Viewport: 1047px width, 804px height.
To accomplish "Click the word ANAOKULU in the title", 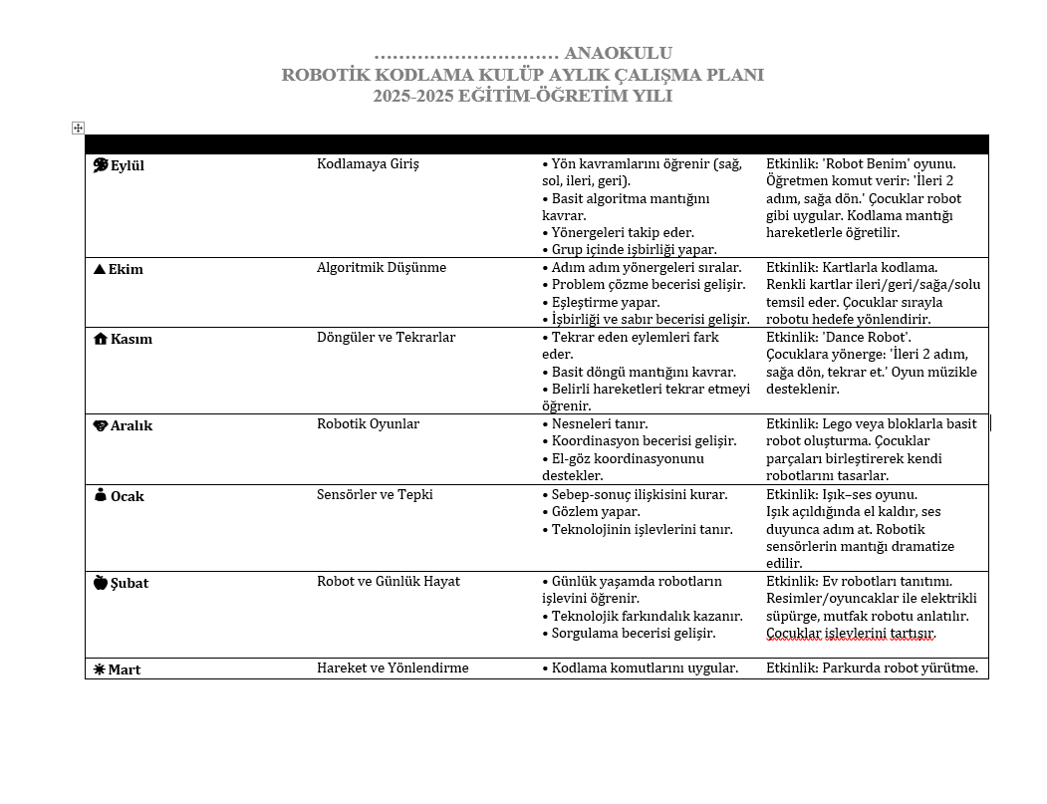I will pyautogui.click(x=618, y=53).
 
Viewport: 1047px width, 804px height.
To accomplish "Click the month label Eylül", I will pyautogui.click(x=127, y=166).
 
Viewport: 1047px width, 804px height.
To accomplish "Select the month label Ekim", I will pyautogui.click(x=126, y=270).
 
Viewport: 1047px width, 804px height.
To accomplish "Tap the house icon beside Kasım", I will pyautogui.click(x=100, y=339).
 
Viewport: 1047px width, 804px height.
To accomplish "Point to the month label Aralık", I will pyautogui.click(x=131, y=426).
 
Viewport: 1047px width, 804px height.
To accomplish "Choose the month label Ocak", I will pyautogui.click(x=127, y=496).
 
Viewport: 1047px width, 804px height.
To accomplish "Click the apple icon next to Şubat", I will pyautogui.click(x=100, y=583).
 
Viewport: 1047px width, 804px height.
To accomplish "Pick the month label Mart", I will pyautogui.click(x=124, y=670).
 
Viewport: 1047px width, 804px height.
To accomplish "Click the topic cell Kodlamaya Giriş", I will pyautogui.click(x=368, y=163).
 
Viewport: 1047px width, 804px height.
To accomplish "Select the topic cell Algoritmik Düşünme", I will pyautogui.click(x=382, y=267).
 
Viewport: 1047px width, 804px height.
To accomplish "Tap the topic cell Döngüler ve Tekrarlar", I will pyautogui.click(x=386, y=337).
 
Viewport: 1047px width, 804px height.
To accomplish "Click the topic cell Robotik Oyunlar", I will pyautogui.click(x=368, y=423).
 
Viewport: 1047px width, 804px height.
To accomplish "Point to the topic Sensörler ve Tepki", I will pyautogui.click(x=375, y=494).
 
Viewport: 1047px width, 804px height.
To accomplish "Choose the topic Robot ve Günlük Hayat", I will pyautogui.click(x=388, y=581).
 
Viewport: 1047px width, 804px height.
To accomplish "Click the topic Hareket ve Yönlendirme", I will pyautogui.click(x=393, y=668).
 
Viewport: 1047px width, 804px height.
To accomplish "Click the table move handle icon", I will pyautogui.click(x=78, y=128).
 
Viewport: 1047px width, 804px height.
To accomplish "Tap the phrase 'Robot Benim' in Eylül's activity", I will pyautogui.click(x=865, y=163).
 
